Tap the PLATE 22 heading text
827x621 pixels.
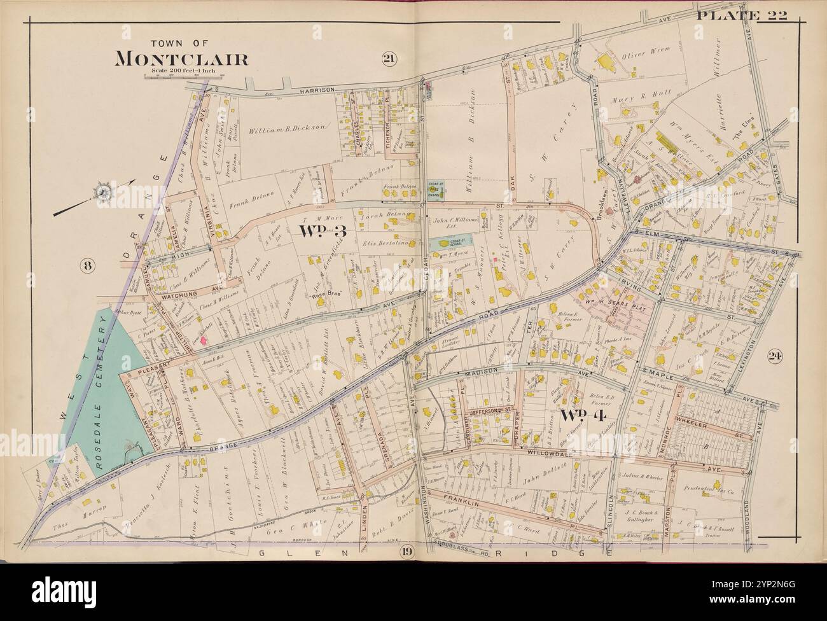[x=742, y=15]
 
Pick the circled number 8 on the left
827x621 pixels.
[x=87, y=266]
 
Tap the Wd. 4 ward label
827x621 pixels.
[x=581, y=416]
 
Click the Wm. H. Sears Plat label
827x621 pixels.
[x=609, y=295]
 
